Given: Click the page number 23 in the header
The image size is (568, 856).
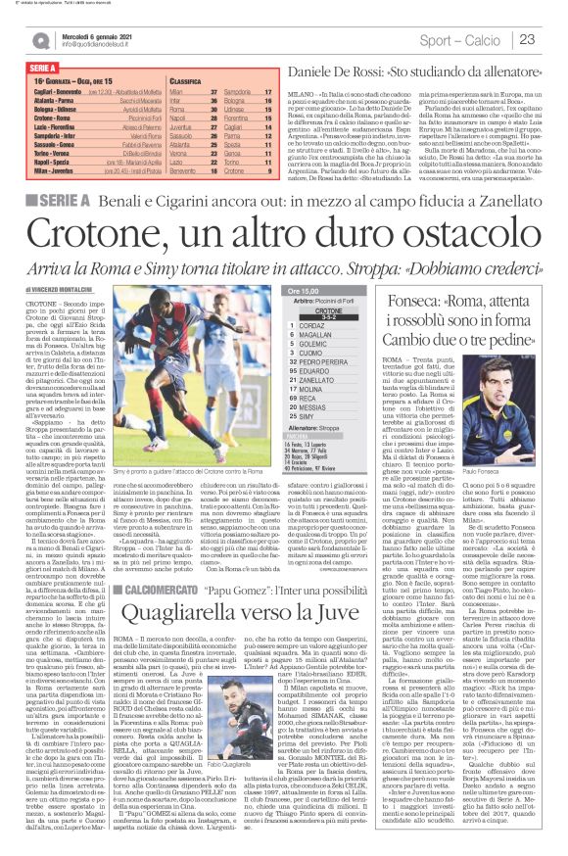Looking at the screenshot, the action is click(552, 39).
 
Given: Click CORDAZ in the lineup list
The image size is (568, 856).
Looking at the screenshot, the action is click(338, 326).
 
